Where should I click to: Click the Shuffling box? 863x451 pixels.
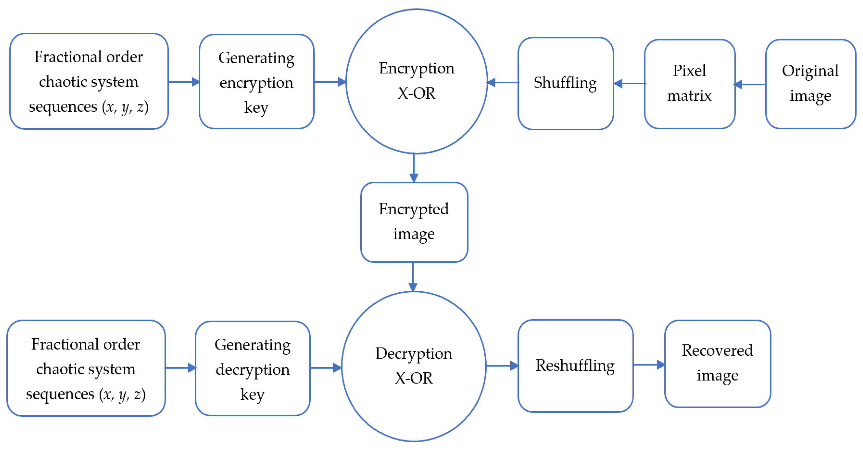coord(565,83)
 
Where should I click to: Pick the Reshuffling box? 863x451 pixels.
coord(575,366)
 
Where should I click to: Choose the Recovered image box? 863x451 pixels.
coord(717,363)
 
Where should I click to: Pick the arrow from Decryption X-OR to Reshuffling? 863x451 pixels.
coord(502,366)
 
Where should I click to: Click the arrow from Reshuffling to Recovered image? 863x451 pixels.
coord(649,364)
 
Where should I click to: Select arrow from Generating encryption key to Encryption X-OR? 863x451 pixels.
coord(330,81)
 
